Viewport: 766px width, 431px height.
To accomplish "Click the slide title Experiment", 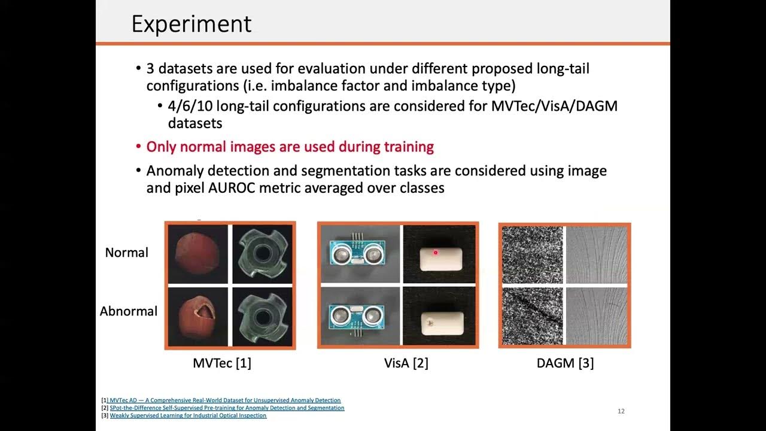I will [x=191, y=24].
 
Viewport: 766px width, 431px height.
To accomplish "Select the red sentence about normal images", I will [x=290, y=147].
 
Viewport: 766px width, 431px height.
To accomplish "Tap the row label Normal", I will [x=126, y=253].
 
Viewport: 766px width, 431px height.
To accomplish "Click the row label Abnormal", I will [x=128, y=311].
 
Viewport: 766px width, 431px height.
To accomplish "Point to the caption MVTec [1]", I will [x=221, y=363].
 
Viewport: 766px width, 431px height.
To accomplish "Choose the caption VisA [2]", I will [x=406, y=363].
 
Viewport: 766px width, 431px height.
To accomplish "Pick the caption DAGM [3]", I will [x=564, y=363].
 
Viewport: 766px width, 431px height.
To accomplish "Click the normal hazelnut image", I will [x=197, y=254].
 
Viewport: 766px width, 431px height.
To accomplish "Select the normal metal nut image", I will [x=262, y=254].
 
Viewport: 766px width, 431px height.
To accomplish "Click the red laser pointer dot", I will [x=436, y=253].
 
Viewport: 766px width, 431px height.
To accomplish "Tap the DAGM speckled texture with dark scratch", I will [x=532, y=315].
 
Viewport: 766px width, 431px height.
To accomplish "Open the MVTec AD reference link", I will [x=225, y=400].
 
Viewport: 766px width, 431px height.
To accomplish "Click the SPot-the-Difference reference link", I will [x=227, y=408].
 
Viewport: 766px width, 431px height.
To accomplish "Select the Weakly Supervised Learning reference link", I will [x=188, y=415].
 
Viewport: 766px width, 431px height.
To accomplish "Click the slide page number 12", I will [x=621, y=411].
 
